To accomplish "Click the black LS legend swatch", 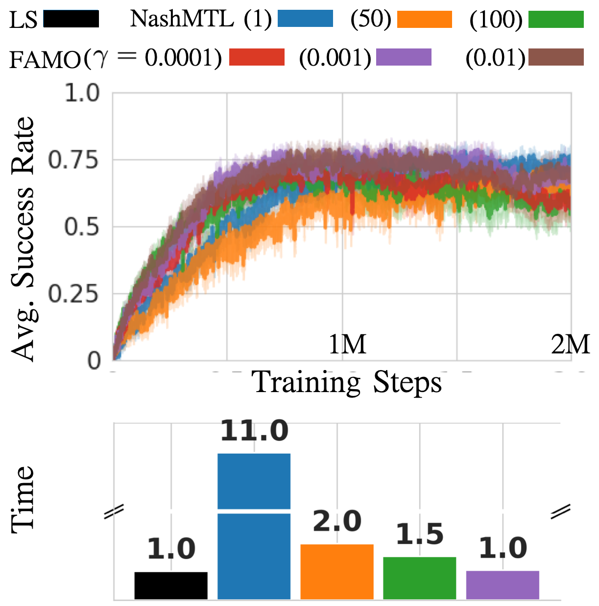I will point(71,19).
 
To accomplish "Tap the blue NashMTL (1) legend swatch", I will point(305,19).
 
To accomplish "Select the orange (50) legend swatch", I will point(424,19).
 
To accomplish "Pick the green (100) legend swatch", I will point(556,19).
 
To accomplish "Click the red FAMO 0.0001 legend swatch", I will point(257,57).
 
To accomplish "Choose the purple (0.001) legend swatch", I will point(404,57).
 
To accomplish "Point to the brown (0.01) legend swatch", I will point(556,57).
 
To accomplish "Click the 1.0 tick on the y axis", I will point(82,93).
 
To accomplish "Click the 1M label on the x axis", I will point(347,345).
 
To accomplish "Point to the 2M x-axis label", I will point(570,345).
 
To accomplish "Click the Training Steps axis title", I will point(347,383).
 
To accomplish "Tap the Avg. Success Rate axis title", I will point(24,239).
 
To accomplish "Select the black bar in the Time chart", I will point(171,585).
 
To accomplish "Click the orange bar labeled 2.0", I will point(337,571).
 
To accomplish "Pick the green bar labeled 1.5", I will point(420,578).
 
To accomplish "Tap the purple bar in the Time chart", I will point(503,584).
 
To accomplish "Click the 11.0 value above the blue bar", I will point(254,431).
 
